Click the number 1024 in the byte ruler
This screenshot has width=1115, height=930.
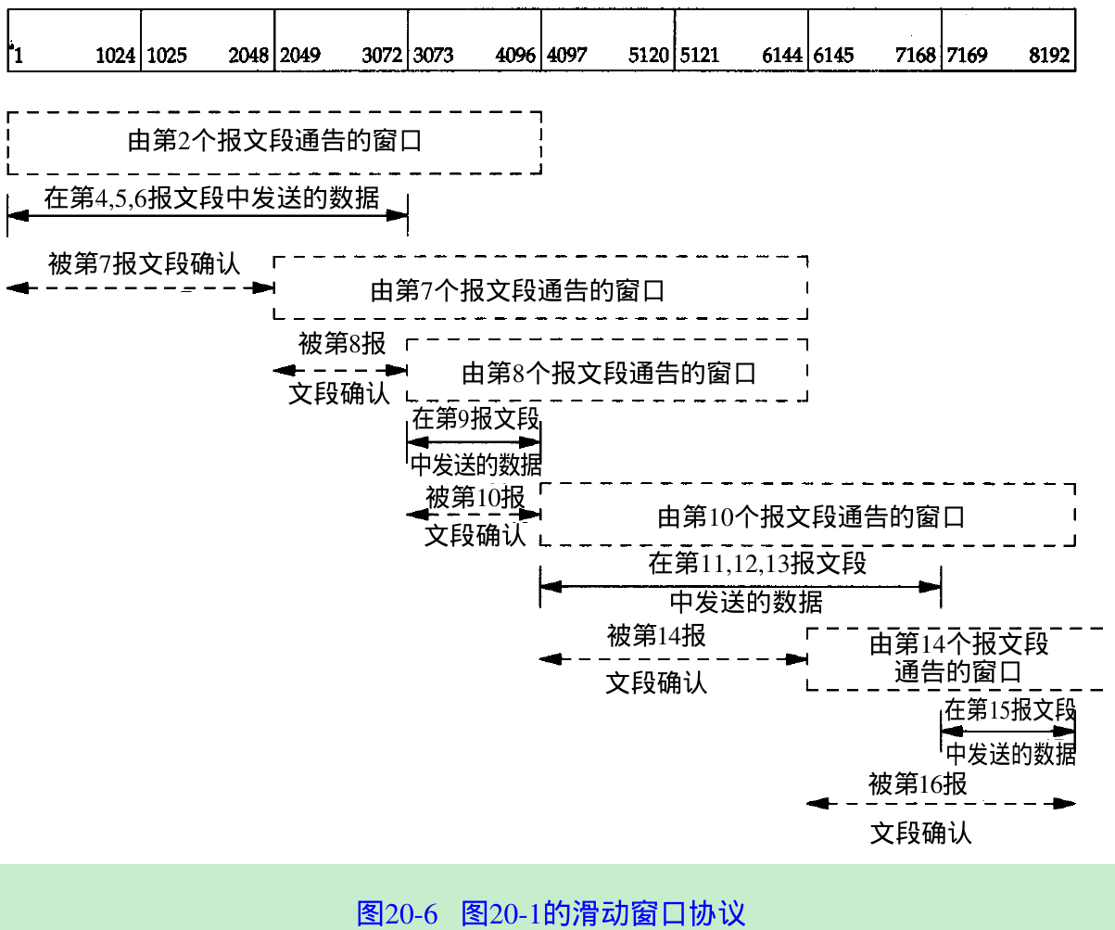(x=116, y=57)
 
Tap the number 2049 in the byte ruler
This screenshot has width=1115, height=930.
(x=300, y=57)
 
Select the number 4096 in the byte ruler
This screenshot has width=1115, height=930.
(x=515, y=57)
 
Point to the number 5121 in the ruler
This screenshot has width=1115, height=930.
(x=700, y=57)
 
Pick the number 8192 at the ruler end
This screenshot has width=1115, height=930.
(x=1049, y=57)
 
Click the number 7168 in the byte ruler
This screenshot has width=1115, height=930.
(x=916, y=57)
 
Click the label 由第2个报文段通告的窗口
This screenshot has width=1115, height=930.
(x=274, y=142)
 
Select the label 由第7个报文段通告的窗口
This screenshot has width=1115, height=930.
(x=517, y=290)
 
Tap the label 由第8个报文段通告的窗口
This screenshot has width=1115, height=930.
(x=609, y=373)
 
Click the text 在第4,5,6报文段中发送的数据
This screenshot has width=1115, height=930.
(x=211, y=197)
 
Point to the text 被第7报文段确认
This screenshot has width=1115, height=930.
(x=144, y=263)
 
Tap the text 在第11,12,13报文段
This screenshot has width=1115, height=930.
(x=757, y=563)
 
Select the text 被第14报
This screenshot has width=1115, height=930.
(x=656, y=636)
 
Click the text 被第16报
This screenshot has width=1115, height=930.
(x=918, y=784)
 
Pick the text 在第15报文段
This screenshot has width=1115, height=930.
(x=1009, y=710)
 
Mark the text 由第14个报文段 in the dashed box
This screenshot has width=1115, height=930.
(x=958, y=643)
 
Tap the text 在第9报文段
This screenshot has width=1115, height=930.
(x=475, y=418)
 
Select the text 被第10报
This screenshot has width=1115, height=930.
(x=475, y=497)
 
